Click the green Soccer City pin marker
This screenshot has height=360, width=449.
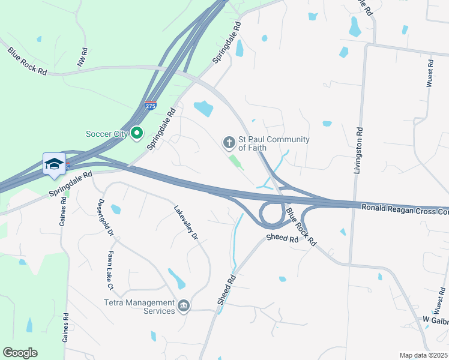click(x=137, y=133)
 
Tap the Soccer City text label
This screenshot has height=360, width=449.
click(x=107, y=134)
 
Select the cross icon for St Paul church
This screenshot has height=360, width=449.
click(x=228, y=143)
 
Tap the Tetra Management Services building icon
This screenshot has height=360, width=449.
click(x=184, y=307)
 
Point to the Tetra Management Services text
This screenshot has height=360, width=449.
click(x=139, y=307)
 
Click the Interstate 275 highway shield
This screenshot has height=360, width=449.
click(x=151, y=106)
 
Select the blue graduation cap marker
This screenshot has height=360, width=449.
click(x=54, y=164)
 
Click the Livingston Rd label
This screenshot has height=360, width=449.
click(x=358, y=150)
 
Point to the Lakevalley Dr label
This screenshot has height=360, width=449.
click(x=185, y=223)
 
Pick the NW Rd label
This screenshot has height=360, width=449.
click(x=82, y=58)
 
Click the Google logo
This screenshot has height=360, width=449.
click(x=20, y=353)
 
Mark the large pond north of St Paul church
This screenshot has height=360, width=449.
click(x=203, y=108)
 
